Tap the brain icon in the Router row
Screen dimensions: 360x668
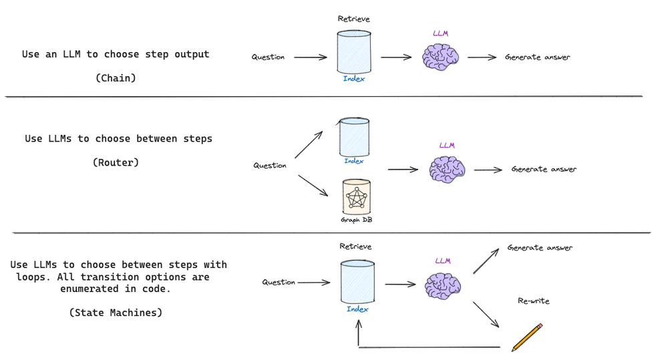448,169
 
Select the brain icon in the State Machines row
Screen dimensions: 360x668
444,287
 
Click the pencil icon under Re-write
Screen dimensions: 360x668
527,337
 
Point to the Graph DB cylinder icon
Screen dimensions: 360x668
356,197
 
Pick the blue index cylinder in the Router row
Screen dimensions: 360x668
354,137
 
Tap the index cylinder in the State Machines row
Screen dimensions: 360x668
357,282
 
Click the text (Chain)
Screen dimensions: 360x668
116,77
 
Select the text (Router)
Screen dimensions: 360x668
116,162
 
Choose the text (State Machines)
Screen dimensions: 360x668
116,312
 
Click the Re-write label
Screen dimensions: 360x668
534,301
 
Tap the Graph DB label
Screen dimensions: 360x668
355,219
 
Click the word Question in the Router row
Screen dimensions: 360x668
270,166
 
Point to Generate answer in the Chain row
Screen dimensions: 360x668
538,57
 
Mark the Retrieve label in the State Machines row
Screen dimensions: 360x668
356,246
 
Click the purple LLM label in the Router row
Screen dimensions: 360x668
447,145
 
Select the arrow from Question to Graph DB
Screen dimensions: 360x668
313,185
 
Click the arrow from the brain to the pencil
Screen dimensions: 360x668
486,314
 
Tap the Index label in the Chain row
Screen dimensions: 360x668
354,79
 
